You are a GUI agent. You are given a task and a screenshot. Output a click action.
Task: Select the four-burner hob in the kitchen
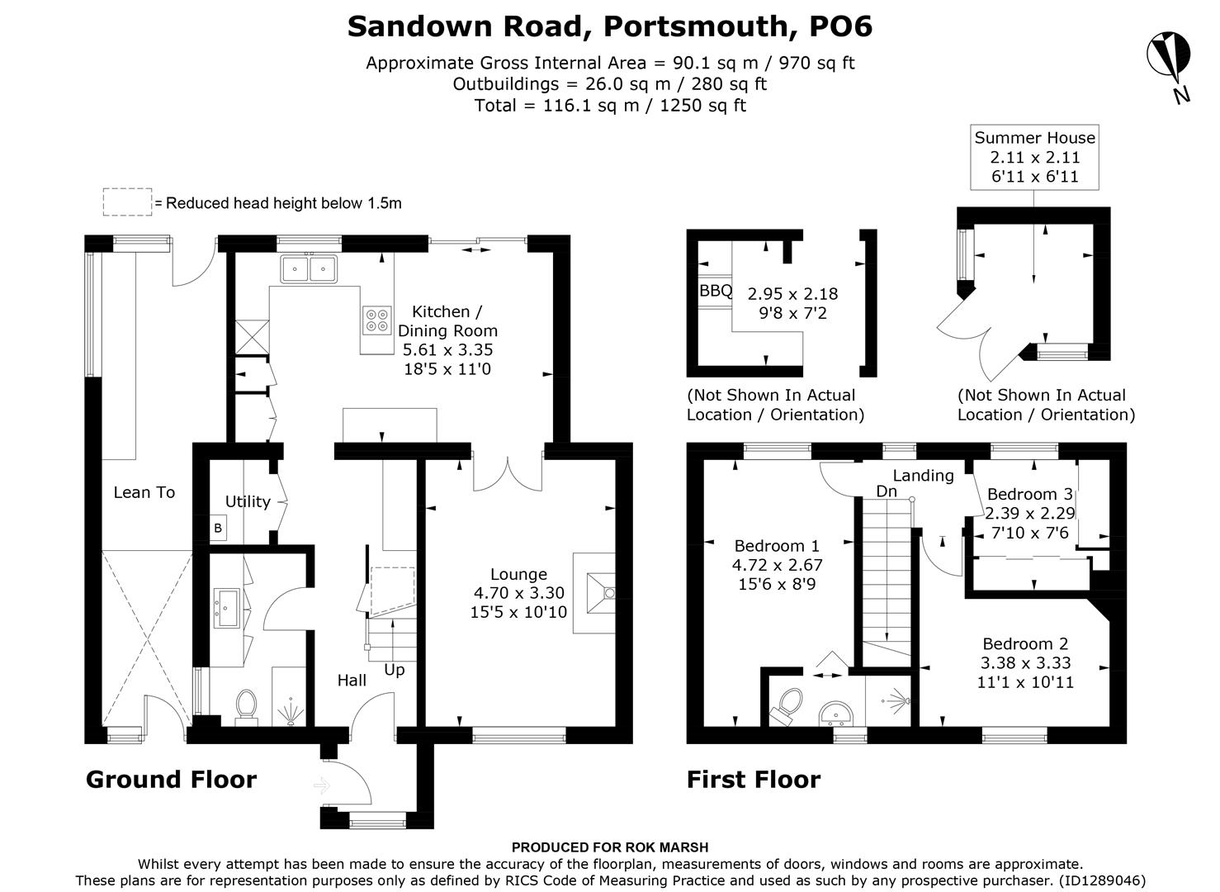(x=377, y=320)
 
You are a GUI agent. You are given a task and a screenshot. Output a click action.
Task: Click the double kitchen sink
(x=309, y=268)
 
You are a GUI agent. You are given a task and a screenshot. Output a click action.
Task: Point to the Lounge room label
(x=518, y=574)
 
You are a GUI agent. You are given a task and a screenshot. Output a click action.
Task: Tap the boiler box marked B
(x=218, y=528)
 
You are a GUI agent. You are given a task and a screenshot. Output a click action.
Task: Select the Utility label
(x=248, y=501)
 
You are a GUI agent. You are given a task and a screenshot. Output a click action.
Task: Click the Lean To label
(x=144, y=492)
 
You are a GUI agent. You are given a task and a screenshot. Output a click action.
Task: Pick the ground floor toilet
(x=246, y=707)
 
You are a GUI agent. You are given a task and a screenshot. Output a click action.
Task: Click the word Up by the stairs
(x=395, y=669)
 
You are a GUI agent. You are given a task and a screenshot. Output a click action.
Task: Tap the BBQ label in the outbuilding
(x=716, y=291)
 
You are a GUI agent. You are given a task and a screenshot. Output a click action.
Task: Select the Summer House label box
(x=1034, y=156)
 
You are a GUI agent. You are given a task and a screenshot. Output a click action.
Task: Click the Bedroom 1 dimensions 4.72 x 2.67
(x=777, y=565)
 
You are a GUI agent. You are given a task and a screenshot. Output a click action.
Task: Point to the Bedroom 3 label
(x=1029, y=494)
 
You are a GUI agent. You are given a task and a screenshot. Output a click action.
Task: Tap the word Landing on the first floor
(x=923, y=475)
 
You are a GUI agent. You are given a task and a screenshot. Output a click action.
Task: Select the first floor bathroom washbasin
(x=837, y=711)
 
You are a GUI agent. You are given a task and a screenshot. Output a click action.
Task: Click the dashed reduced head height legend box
(x=127, y=202)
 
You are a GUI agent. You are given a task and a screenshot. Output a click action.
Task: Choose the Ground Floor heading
(x=171, y=779)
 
